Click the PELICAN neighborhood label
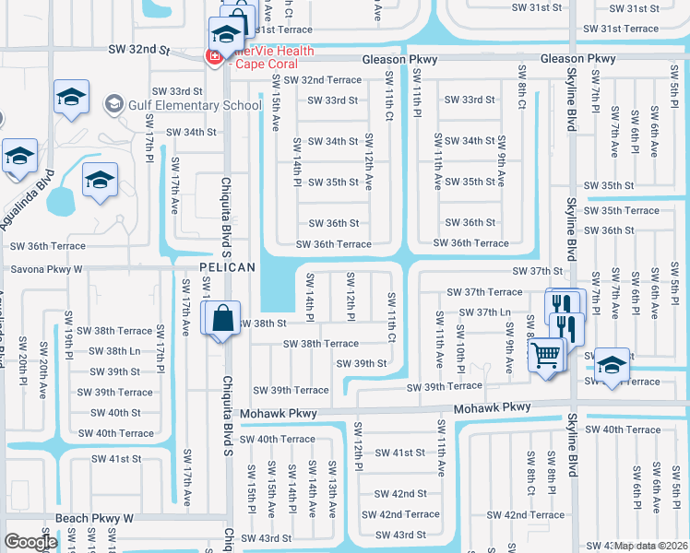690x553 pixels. point(227,267)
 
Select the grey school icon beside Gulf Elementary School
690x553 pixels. point(114,104)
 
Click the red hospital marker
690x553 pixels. point(214,56)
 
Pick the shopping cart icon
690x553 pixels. point(546,354)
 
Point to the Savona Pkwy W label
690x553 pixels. point(46,269)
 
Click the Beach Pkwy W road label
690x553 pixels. point(94,519)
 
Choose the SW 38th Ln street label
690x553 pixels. point(110,351)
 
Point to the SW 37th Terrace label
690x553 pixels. point(484,291)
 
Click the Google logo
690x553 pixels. point(30,542)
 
